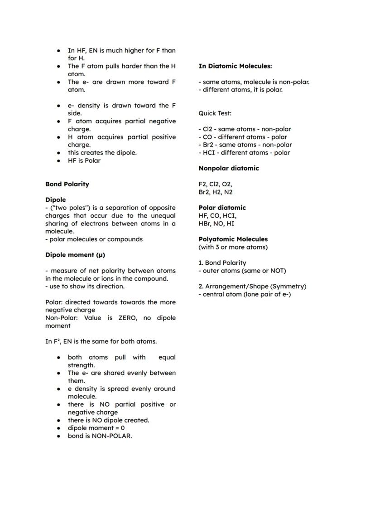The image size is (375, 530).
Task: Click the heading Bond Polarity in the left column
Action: click(x=67, y=184)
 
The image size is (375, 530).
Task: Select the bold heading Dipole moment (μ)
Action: click(x=75, y=255)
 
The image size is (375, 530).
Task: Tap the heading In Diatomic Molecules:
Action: click(x=235, y=66)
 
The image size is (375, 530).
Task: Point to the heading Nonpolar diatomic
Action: click(x=229, y=168)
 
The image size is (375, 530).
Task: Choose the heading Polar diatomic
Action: click(x=222, y=208)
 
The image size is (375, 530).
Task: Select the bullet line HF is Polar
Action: click(x=84, y=160)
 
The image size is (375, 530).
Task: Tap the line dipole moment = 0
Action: click(x=96, y=428)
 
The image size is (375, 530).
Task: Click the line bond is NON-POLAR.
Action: click(x=100, y=436)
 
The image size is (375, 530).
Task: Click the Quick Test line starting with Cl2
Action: click(x=245, y=129)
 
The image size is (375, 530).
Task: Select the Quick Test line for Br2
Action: click(x=245, y=145)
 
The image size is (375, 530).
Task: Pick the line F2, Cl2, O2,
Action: click(x=215, y=184)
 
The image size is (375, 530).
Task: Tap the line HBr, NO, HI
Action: click(x=216, y=224)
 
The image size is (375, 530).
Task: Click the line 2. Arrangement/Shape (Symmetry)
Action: click(x=252, y=287)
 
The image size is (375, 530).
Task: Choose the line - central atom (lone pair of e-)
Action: click(x=245, y=294)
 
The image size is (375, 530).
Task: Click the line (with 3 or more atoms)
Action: click(x=233, y=247)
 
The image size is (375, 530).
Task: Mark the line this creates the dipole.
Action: click(x=102, y=153)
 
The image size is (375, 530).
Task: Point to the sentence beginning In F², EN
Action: click(x=101, y=341)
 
